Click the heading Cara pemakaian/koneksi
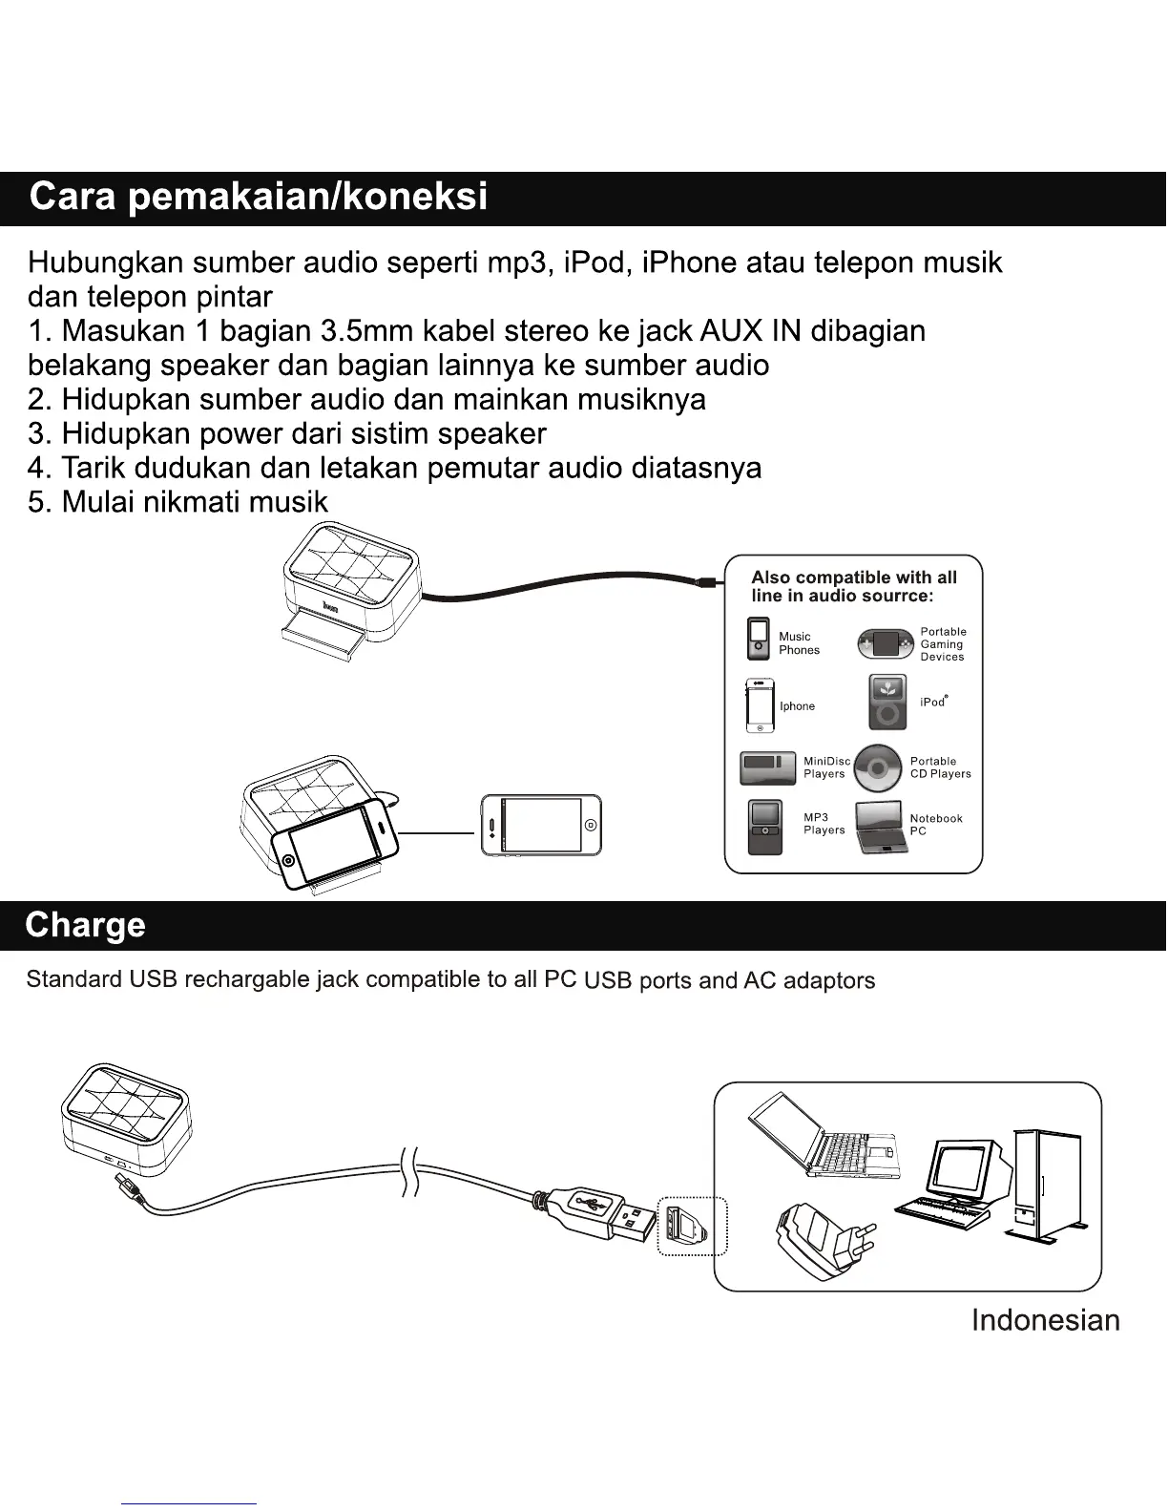(258, 197)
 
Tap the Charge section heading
(86, 925)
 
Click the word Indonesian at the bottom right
(1045, 1320)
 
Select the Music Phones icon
(759, 640)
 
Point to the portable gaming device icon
(885, 644)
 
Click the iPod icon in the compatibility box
(887, 702)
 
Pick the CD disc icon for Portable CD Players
(878, 767)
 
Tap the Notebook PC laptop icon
(881, 827)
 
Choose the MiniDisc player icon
(768, 767)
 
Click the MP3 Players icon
(765, 827)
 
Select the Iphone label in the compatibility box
(797, 706)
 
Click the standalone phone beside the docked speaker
(541, 825)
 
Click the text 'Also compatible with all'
(853, 577)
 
